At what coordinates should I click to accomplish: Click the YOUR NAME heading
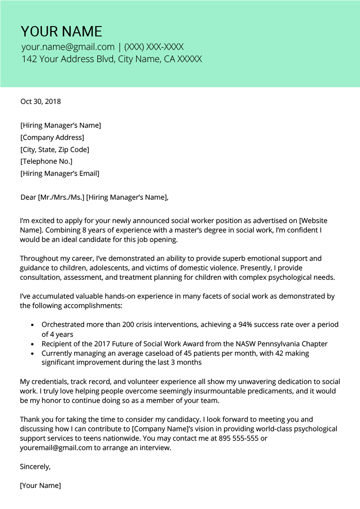[62, 31]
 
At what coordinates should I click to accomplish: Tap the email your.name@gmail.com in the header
[68, 47]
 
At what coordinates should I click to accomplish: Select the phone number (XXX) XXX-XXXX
[154, 47]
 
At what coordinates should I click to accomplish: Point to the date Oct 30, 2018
[40, 102]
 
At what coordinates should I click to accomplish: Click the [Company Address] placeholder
[52, 138]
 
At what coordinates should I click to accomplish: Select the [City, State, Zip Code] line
[54, 149]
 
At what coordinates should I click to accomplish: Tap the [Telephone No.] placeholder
[46, 161]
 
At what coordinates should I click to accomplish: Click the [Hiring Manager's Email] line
[60, 173]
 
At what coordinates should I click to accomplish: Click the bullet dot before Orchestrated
[32, 325]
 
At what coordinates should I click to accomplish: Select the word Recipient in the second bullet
[58, 344]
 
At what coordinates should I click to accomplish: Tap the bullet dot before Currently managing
[32, 353]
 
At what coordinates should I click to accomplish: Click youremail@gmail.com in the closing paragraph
[56, 448]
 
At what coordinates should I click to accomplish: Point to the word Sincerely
[35, 467]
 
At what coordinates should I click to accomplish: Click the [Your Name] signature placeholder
[40, 486]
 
